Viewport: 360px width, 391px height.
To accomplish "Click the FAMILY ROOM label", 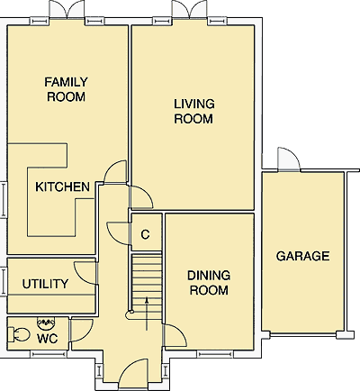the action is click(x=66, y=89).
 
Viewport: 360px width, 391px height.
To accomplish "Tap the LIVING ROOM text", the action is click(x=194, y=111).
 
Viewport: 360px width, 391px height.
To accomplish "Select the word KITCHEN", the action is click(x=62, y=186).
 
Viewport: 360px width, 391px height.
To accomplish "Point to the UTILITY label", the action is click(x=45, y=284).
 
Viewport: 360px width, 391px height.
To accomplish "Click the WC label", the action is click(x=48, y=339).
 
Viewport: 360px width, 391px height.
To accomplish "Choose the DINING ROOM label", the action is click(x=209, y=283).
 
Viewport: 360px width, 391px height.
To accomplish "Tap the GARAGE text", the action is click(x=302, y=256).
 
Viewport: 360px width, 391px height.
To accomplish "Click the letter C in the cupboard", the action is click(x=145, y=234).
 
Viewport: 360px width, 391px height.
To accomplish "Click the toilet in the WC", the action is click(x=18, y=334).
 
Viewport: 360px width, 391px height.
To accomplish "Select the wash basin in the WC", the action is click(x=46, y=323).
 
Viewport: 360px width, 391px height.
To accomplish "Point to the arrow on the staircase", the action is click(x=147, y=314).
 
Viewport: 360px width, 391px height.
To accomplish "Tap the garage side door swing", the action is click(x=289, y=159).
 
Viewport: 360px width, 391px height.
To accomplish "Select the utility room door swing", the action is click(x=85, y=273).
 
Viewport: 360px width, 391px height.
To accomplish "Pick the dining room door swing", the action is click(x=175, y=336).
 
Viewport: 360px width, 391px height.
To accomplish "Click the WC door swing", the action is click(x=82, y=331).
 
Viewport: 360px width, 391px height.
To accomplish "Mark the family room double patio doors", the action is click(x=67, y=10).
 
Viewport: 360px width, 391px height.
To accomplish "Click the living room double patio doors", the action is click(x=189, y=9).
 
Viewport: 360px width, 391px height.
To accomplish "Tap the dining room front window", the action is click(x=215, y=354).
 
